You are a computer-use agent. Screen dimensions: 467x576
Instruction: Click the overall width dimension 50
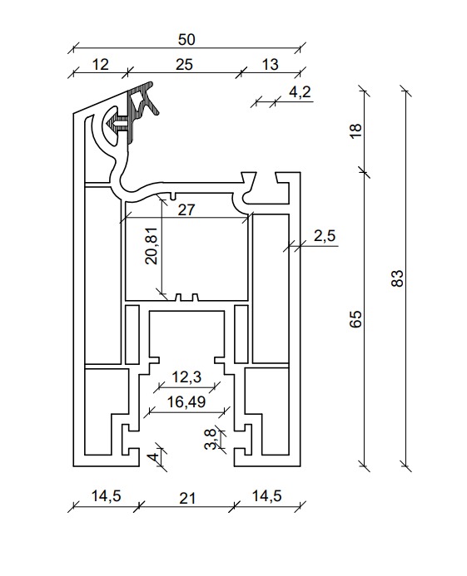click(x=186, y=40)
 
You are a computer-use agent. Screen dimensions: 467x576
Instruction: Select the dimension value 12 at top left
click(x=100, y=65)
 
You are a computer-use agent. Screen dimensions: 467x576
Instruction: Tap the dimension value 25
click(x=184, y=65)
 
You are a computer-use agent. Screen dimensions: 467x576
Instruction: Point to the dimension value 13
click(x=270, y=65)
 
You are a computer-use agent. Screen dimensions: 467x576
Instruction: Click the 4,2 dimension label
click(x=300, y=91)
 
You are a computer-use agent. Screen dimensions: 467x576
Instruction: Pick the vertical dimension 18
click(x=355, y=130)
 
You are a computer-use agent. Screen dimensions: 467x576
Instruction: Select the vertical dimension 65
click(x=355, y=318)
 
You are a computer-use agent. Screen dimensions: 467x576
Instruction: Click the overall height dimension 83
click(x=397, y=278)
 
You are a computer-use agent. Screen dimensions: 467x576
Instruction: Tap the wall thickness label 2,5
click(x=325, y=235)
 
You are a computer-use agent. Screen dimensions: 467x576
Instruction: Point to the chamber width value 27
click(x=186, y=209)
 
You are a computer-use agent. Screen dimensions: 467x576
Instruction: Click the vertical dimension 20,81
click(x=152, y=246)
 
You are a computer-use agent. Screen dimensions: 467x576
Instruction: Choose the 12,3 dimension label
click(x=186, y=377)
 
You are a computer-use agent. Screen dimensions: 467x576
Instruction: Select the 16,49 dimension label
click(x=186, y=402)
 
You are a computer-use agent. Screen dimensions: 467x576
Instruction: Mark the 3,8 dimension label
click(x=211, y=439)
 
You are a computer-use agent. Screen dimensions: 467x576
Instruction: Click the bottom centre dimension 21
click(x=187, y=499)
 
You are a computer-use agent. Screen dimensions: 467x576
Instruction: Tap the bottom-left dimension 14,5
click(x=106, y=496)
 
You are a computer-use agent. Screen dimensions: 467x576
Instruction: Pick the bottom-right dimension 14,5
click(x=267, y=496)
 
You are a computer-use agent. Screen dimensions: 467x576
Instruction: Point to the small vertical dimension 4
click(x=154, y=458)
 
